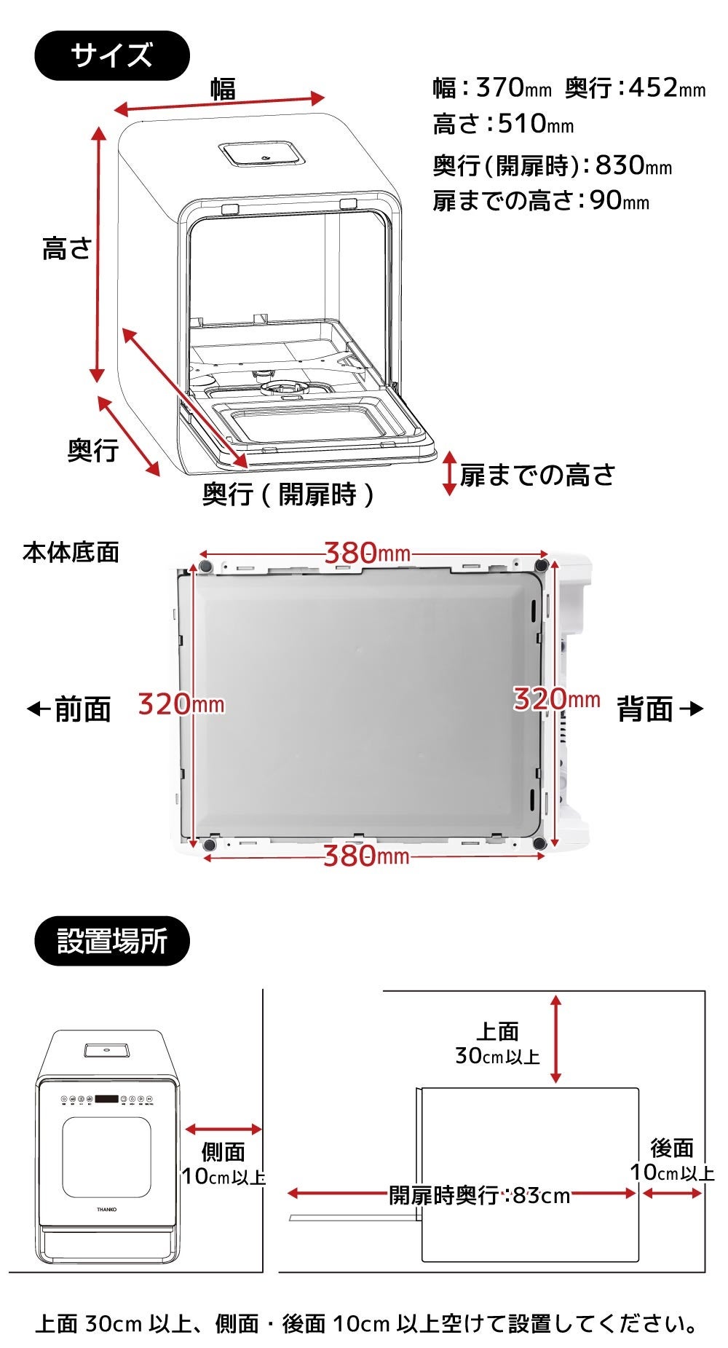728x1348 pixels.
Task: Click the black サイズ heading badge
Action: pos(112,55)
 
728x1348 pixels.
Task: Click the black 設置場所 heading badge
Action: pos(112,941)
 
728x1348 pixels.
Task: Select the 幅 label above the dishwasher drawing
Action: pos(223,89)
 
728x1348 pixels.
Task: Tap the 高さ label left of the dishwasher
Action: pos(66,248)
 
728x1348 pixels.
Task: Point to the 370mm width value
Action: pos(513,88)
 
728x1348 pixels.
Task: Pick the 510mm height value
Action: pos(535,124)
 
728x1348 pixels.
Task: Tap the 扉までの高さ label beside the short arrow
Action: pos(537,475)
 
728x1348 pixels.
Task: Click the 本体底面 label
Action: pos(71,552)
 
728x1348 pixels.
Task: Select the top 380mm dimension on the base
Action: pos(367,553)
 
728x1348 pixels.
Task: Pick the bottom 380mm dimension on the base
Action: pos(366,856)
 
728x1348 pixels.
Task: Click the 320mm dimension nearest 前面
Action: pos(181,704)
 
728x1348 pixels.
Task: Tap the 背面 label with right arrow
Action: pos(659,709)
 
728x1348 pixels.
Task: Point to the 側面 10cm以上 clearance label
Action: pos(223,1164)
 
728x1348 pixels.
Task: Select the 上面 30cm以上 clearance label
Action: pos(498,1043)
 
